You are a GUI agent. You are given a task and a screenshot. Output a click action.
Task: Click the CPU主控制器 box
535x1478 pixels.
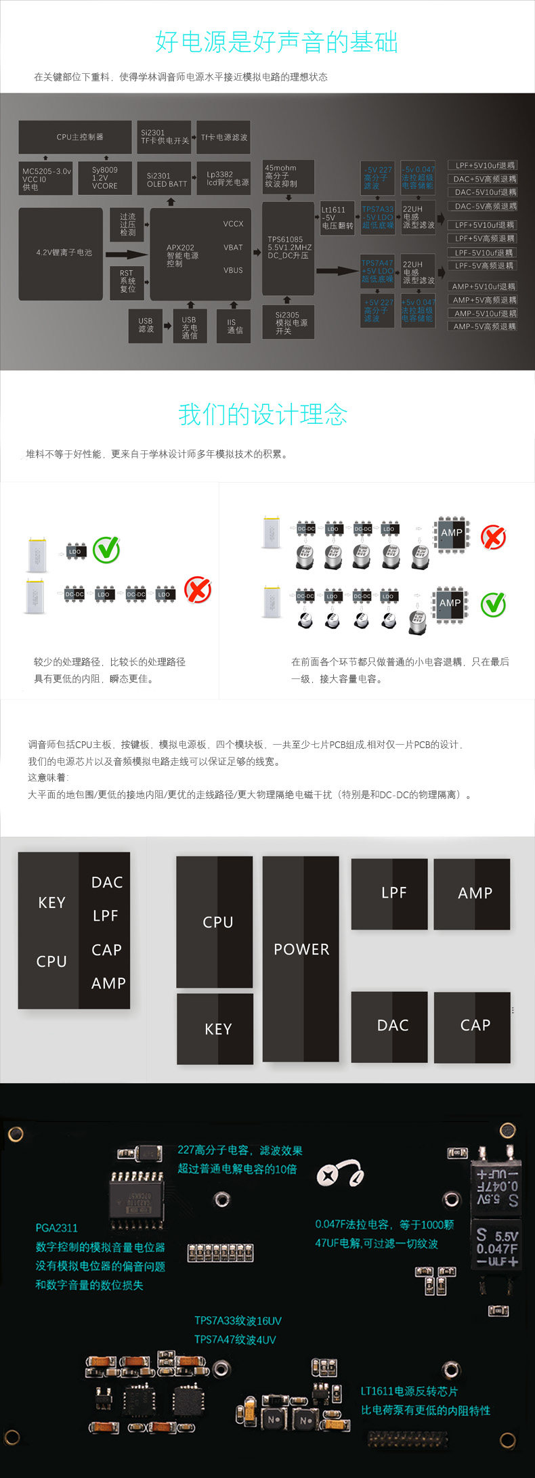[x=74, y=137]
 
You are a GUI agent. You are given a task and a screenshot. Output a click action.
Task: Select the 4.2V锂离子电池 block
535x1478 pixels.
[x=61, y=253]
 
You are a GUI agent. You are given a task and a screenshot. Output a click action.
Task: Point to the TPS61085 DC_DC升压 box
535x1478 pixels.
[x=288, y=248]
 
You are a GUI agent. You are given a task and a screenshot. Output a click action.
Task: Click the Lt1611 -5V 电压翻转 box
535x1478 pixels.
[x=337, y=218]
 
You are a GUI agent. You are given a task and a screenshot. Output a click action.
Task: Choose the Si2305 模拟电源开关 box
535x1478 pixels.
[x=288, y=323]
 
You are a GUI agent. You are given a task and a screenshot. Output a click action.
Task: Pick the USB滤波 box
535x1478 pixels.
[x=146, y=326]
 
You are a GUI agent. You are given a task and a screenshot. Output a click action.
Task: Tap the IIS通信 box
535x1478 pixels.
[x=234, y=326]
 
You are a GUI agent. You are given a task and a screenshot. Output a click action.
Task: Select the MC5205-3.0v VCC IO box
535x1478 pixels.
[x=45, y=179]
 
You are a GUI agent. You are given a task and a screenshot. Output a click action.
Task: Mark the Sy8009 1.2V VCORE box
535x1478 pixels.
[x=104, y=179]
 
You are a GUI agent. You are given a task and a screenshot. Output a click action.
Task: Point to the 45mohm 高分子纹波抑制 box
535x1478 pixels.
[x=288, y=176]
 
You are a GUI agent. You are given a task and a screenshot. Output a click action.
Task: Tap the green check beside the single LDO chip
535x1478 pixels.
[x=106, y=550]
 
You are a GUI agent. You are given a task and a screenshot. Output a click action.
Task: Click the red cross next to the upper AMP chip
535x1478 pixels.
[x=493, y=538]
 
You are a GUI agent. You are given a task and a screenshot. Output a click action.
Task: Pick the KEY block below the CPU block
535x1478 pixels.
[x=215, y=1028]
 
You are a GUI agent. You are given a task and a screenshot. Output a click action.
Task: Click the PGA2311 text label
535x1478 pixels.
[x=56, y=1227]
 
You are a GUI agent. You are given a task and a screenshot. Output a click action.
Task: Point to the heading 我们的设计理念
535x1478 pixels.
[x=263, y=414]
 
